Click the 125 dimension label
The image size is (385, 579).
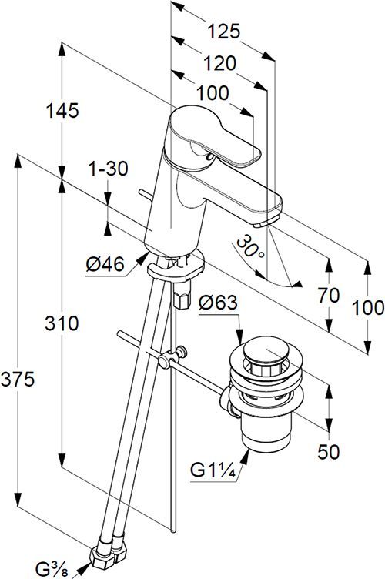223,32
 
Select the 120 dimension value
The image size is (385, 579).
219,63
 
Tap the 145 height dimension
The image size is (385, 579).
62,110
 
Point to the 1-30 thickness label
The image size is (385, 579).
108,169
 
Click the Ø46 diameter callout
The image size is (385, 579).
105,264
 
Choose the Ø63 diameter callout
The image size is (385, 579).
218,303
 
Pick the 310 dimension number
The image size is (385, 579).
62,323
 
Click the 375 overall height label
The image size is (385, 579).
18,380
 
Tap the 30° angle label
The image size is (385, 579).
251,247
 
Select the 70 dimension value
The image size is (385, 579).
329,296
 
